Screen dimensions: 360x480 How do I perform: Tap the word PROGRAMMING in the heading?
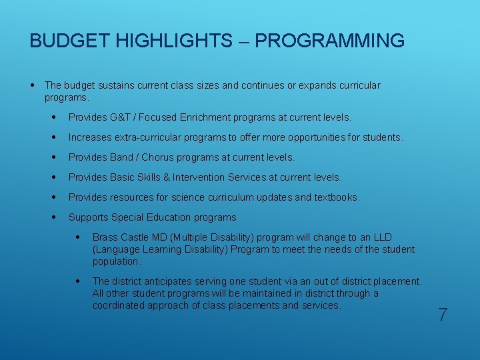pyautogui.click(x=329, y=41)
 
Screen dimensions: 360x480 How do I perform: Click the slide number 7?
pyautogui.click(x=443, y=315)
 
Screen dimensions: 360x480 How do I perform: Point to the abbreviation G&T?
pyautogui.click(x=121, y=117)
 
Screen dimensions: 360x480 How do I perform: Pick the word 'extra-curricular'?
pyautogui.click(x=147, y=137)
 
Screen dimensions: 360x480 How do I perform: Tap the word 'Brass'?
pyautogui.click(x=105, y=237)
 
